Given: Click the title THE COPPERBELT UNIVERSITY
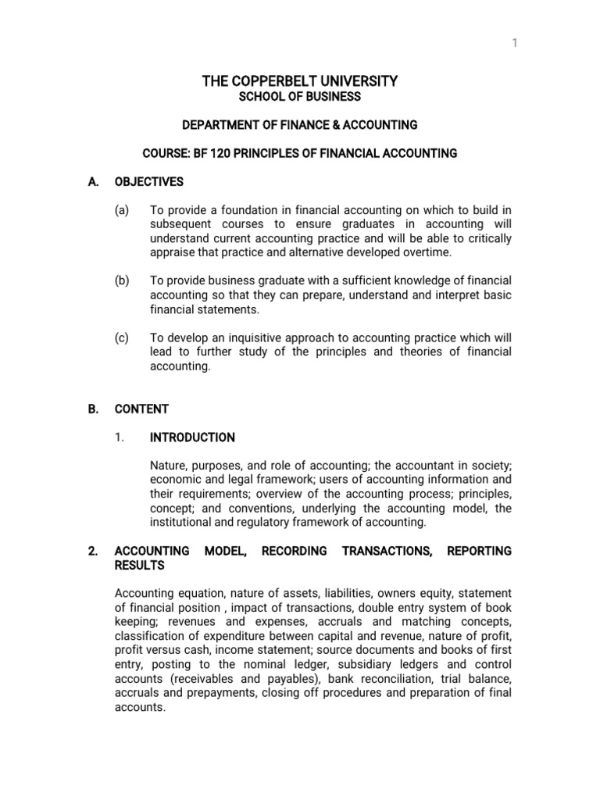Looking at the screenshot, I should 300,81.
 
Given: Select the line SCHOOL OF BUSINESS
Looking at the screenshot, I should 300,97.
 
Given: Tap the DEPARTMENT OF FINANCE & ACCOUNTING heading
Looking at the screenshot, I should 300,125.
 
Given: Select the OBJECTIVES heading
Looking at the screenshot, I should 149,182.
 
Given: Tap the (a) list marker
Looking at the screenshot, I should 121,210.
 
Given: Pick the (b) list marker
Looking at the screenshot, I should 121,281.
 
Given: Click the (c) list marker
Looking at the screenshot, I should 121,337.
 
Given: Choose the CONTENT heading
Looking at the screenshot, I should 141,409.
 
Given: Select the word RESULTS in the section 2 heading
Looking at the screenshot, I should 140,565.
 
